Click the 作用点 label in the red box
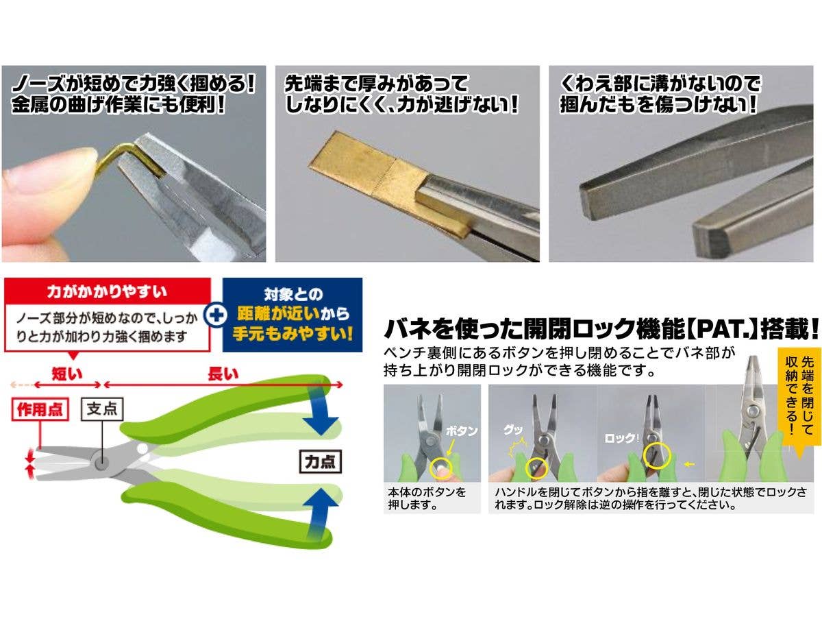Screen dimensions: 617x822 pyautogui.click(x=40, y=410)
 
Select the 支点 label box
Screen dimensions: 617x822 pyautogui.click(x=103, y=409)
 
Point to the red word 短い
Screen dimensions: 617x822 pyautogui.click(x=68, y=374)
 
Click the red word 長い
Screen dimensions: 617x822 pyautogui.click(x=223, y=374)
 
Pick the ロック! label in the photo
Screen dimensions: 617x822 pyautogui.click(x=619, y=437)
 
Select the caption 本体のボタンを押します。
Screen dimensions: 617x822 pyautogui.click(x=427, y=498)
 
